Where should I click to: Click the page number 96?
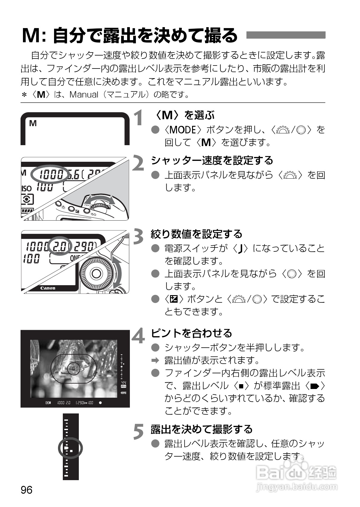tap(26, 489)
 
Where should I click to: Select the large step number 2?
tap(139, 163)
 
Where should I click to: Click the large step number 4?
tap(139, 336)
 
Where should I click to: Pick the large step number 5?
tap(139, 432)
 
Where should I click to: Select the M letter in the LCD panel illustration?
tap(33, 123)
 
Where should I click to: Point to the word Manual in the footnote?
tap(84, 95)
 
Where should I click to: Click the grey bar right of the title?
tap(286, 35)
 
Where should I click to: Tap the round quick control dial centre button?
tap(96, 273)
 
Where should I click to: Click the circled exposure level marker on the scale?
tap(69, 448)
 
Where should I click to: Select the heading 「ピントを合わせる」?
tap(191, 333)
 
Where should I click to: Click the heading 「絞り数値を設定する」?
tap(197, 234)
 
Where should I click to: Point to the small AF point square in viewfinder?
tap(73, 368)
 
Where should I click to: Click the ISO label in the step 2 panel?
tap(27, 188)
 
